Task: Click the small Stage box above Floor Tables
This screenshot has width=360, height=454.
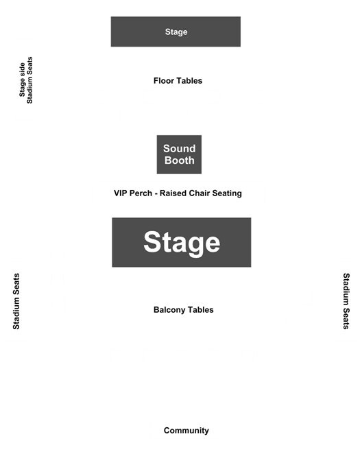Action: (x=176, y=32)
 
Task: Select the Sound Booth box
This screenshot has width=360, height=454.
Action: (x=179, y=154)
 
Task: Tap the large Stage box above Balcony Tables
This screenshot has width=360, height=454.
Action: (x=182, y=242)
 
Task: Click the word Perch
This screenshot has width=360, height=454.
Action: (x=141, y=193)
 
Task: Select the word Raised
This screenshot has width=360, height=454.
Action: (x=173, y=193)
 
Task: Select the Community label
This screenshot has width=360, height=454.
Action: (x=187, y=431)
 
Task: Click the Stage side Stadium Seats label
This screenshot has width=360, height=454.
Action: (x=26, y=80)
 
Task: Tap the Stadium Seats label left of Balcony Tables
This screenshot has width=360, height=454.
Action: (x=16, y=302)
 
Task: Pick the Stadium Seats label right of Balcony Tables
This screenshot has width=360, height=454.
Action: (x=346, y=301)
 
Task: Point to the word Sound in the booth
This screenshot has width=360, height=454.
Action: (x=180, y=149)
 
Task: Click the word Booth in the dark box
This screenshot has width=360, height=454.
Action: (x=180, y=160)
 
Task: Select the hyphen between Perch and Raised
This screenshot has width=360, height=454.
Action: (x=156, y=194)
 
